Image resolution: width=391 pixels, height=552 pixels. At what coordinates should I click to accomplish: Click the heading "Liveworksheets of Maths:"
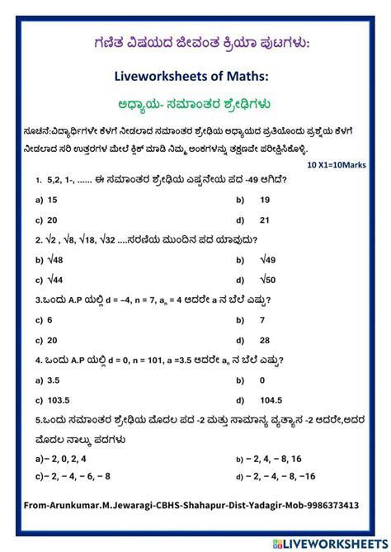pos(195,76)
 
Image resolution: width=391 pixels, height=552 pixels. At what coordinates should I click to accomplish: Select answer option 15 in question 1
pos(52,200)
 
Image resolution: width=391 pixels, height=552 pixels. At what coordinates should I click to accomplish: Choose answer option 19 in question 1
pos(265,200)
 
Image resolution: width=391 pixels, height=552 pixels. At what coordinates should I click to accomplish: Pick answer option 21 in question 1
pos(265,219)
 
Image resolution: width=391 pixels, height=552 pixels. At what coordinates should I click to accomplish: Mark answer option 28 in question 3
pos(265,340)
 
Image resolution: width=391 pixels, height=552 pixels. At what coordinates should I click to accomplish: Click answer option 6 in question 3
pos(49,319)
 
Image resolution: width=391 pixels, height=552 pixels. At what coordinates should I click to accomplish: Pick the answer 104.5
pos(271,399)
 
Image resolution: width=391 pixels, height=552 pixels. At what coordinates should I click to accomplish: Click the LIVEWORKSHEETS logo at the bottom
pos(327,541)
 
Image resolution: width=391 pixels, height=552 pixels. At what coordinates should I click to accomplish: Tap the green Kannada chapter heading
pos(195,104)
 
